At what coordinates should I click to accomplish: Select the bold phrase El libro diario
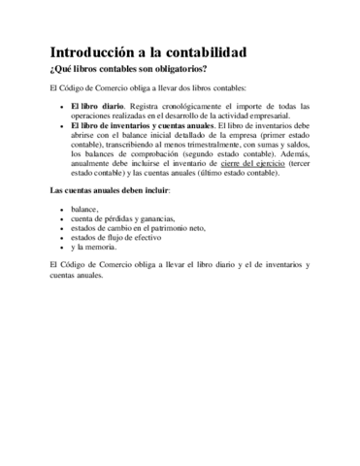[100, 105]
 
